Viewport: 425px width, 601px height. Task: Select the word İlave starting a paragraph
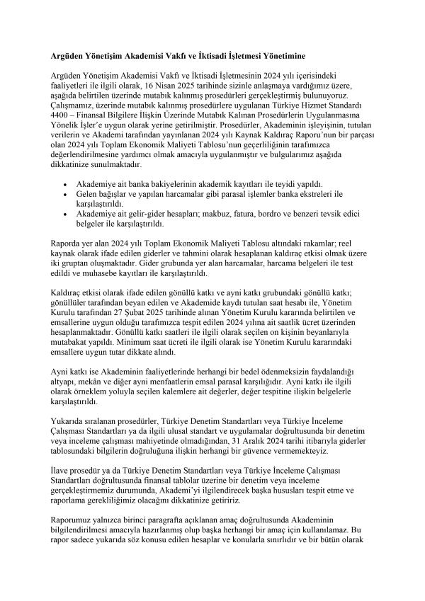(62, 469)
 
